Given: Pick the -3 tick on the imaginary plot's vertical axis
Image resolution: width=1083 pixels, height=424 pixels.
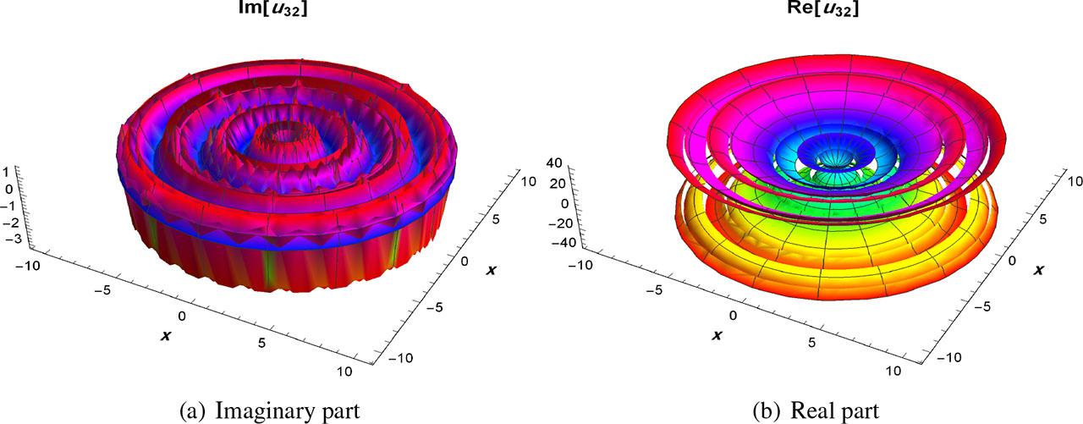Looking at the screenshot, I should [8, 240].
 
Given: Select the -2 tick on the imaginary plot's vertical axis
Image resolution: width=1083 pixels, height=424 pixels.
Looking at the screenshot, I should [8, 222].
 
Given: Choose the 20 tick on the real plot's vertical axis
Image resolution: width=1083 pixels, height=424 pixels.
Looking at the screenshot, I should [558, 183].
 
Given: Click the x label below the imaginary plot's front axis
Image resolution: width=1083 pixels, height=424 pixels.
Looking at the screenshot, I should [166, 336].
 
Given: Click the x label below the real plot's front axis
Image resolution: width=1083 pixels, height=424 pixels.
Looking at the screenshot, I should [717, 336].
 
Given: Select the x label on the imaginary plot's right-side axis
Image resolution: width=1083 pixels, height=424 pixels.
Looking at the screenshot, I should [491, 269].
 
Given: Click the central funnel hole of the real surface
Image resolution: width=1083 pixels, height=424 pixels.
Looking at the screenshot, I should [836, 155].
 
